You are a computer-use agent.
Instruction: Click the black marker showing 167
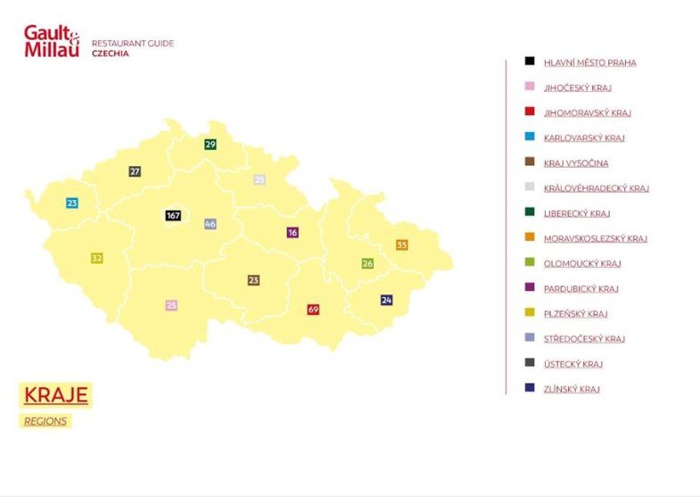(x=173, y=215)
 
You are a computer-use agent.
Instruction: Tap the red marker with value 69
(x=313, y=309)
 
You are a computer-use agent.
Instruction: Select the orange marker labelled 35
(x=401, y=244)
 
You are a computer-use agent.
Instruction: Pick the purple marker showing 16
(x=292, y=232)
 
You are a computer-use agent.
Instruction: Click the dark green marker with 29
(x=210, y=144)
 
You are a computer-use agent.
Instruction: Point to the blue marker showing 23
(x=72, y=203)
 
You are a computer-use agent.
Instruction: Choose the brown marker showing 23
(x=253, y=280)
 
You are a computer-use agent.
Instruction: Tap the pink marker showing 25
(x=171, y=305)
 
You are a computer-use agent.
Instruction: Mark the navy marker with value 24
(x=386, y=300)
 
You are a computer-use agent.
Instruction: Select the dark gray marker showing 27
(x=135, y=171)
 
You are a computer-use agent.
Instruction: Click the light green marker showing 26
(x=367, y=263)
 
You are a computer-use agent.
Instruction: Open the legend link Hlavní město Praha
(x=589, y=62)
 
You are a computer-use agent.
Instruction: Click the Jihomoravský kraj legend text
(x=587, y=113)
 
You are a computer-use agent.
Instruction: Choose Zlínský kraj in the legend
(x=572, y=389)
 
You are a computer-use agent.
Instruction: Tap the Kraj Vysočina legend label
(x=576, y=163)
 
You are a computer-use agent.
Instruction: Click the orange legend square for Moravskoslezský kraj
(x=530, y=238)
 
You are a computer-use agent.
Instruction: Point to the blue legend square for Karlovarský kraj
(x=530, y=137)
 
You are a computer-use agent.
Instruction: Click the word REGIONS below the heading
(x=45, y=421)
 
